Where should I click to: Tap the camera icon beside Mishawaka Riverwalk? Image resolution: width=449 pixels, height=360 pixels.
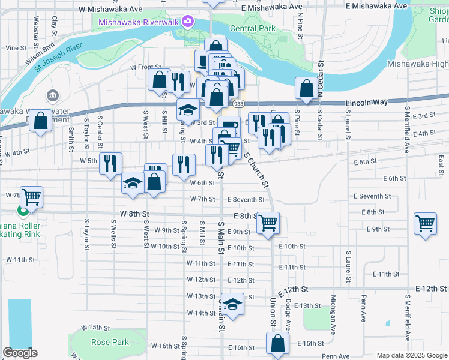tap(188, 22)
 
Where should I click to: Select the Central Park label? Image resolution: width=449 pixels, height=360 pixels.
tap(252, 28)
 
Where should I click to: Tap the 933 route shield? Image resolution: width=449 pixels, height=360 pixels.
tap(238, 103)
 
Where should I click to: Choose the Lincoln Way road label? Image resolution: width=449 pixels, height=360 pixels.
tap(366, 104)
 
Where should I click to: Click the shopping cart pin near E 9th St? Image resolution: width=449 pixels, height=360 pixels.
tap(268, 223)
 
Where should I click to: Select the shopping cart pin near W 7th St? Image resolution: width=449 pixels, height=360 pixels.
tap(31, 196)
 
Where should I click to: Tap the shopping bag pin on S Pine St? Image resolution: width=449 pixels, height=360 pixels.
tap(307, 88)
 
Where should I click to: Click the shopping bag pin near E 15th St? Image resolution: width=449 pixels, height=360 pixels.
tap(277, 344)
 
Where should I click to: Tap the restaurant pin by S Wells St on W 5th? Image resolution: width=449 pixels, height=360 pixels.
tap(110, 163)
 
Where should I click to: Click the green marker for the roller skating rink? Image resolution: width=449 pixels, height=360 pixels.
tap(23, 211)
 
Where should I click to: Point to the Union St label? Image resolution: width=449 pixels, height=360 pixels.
tap(273, 313)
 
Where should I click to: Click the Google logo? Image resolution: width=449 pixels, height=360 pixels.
tap(20, 353)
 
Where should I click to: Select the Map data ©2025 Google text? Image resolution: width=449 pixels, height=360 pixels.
tap(411, 355)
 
